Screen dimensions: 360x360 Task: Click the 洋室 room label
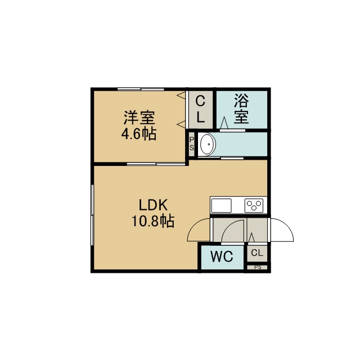pos(139,118)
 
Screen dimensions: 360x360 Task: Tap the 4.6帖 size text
pos(139,134)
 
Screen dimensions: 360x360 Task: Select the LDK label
pos(154,205)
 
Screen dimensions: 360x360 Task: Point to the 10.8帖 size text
pos(153,220)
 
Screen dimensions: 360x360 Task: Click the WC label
pos(222,256)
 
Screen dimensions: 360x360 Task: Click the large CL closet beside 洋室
pos(200,110)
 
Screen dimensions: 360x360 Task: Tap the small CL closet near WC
pos(257,253)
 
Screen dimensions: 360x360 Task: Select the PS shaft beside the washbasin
pos(191,144)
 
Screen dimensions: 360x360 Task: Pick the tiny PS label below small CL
pos(258,267)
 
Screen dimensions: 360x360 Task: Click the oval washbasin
pos(208,145)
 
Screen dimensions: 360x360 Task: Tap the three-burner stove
pos(254,205)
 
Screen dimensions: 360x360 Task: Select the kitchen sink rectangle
pos(221,205)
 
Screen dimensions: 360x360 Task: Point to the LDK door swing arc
pos(195,226)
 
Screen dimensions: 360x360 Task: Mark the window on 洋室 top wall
pos(141,89)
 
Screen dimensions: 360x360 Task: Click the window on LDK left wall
pos(92,215)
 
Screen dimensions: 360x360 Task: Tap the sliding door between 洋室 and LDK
pos(156,164)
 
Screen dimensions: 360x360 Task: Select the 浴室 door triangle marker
pos(224,123)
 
